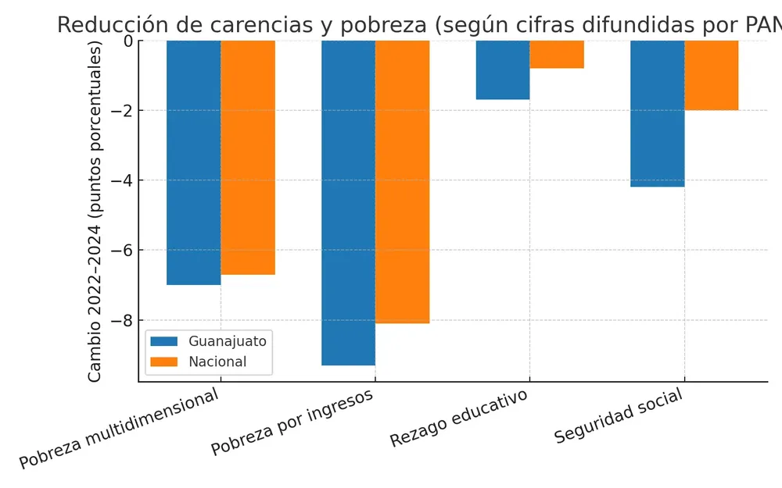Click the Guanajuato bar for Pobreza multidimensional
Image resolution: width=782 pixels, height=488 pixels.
193,162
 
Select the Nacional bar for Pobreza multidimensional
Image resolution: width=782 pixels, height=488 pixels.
248,158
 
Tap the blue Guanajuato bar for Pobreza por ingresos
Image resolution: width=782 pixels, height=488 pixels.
348,203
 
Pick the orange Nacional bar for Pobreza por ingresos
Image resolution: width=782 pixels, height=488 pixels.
403,182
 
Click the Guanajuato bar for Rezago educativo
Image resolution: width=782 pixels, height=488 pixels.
503,70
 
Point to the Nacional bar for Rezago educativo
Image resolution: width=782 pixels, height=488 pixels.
557,55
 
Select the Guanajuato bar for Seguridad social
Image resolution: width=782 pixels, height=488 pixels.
658,114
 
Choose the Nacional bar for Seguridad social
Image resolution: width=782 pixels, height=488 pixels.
712,76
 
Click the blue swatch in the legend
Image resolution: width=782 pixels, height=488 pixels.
164,341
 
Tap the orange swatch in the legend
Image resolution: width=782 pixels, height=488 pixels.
164,362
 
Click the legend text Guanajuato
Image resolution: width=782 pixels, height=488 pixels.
228,341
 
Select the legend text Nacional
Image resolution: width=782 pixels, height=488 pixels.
217,362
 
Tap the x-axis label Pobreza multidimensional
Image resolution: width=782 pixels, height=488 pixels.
119,429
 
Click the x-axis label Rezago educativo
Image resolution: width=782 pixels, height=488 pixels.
459,417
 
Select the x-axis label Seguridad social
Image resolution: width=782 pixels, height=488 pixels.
619,415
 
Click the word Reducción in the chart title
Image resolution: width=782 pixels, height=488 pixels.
106,24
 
